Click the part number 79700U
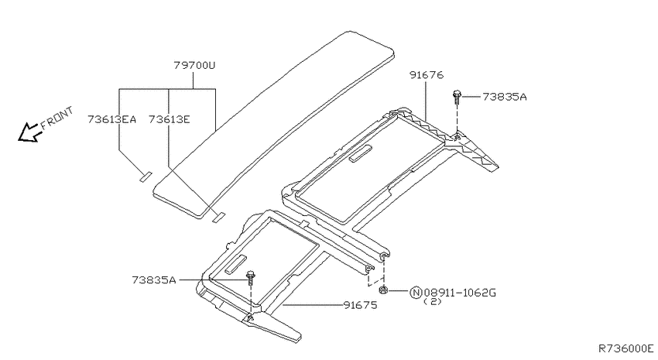click(x=194, y=66)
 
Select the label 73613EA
click(x=112, y=119)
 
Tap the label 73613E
click(x=169, y=119)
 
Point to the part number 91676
click(x=427, y=75)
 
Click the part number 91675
click(x=360, y=305)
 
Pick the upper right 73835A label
click(x=505, y=97)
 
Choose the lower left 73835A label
click(x=154, y=279)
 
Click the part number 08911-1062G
click(x=460, y=293)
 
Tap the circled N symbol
click(x=416, y=293)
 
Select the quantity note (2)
click(x=433, y=301)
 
